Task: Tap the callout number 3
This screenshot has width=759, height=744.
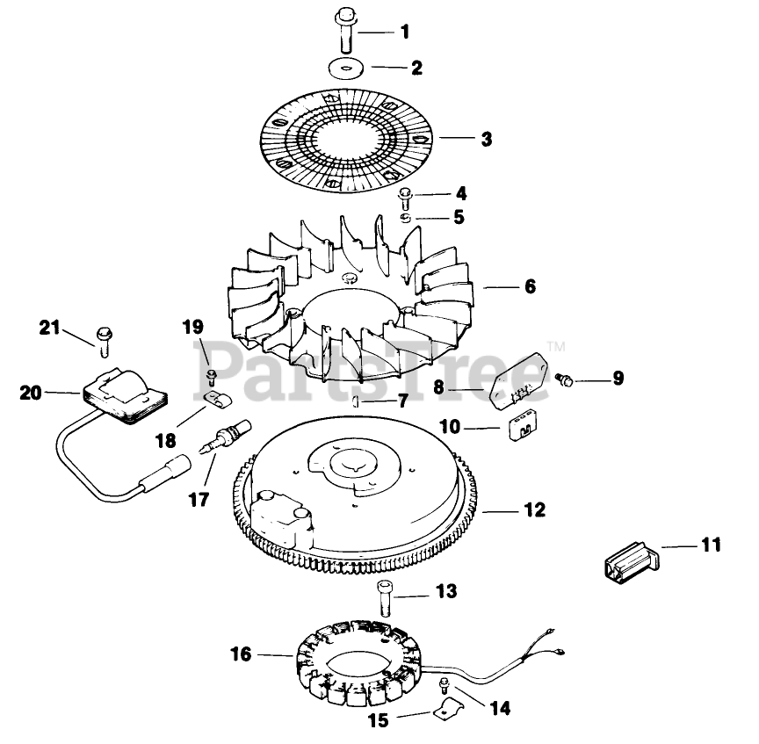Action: coord(487,139)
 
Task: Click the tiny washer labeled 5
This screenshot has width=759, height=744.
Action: coord(406,216)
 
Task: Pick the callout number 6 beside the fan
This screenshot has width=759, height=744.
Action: coord(529,286)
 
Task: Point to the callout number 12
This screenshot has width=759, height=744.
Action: coord(533,509)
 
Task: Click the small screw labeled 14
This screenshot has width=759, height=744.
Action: coord(445,686)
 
